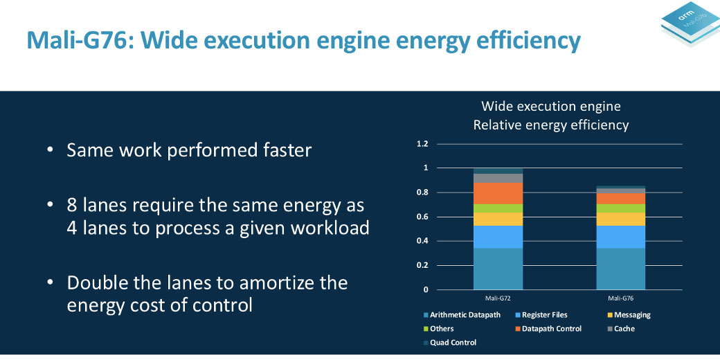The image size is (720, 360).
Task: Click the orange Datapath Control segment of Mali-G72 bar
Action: point(498,192)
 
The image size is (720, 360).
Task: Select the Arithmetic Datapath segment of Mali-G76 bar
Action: point(621,268)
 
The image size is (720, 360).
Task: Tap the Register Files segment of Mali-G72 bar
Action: point(498,237)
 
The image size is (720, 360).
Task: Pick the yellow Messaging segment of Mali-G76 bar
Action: point(621,219)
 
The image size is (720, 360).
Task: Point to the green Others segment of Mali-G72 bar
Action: point(498,208)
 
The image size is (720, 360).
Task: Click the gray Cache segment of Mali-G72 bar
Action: point(498,178)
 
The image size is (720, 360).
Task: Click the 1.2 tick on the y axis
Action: point(422,144)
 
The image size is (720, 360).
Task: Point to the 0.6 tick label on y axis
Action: point(422,217)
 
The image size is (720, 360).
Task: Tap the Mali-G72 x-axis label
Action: point(498,298)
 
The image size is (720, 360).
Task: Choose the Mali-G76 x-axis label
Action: point(621,298)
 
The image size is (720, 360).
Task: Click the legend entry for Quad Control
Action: point(453,343)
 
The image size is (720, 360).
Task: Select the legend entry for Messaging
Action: point(632,315)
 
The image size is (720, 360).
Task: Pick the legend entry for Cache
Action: point(624,329)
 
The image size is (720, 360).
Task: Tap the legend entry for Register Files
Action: point(544,315)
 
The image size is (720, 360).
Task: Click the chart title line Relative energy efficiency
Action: point(551,125)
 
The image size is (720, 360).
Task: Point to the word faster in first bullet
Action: point(281,150)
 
